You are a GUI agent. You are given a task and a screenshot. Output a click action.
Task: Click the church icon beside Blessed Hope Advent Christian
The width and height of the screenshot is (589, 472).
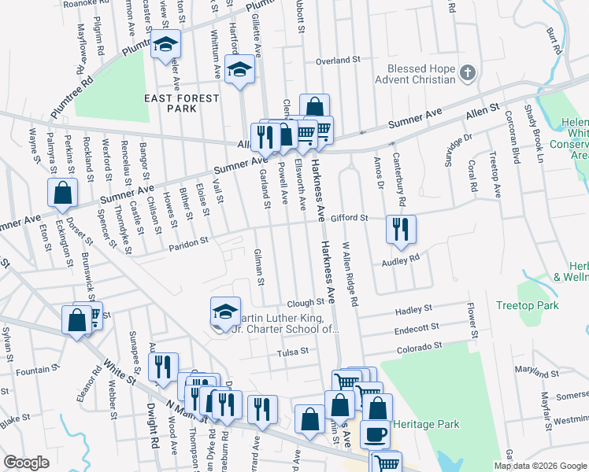(x=468, y=73)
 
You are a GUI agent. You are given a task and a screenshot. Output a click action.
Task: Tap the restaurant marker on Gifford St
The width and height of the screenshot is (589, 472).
(x=401, y=229)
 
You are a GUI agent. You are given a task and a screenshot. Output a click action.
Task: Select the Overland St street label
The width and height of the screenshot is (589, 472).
(x=337, y=60)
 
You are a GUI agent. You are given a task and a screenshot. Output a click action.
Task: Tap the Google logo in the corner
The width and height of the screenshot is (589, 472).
(x=27, y=463)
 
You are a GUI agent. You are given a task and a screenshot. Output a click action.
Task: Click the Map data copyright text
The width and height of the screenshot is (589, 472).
(x=539, y=466)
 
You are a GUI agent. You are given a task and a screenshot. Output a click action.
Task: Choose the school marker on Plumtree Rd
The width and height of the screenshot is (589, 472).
(x=166, y=46)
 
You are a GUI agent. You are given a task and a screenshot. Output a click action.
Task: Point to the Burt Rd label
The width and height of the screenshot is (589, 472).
(x=554, y=40)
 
